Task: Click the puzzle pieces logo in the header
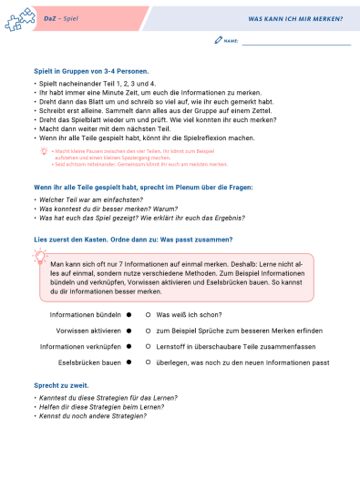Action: pyautogui.click(x=16, y=19)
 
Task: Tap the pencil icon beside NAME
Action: pyautogui.click(x=218, y=41)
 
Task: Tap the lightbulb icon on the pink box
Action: pyautogui.click(x=42, y=260)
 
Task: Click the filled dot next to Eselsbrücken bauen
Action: pyautogui.click(x=129, y=362)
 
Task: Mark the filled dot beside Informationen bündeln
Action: pyautogui.click(x=129, y=312)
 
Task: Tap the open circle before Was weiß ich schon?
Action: pyautogui.click(x=149, y=312)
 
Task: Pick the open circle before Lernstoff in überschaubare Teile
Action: pyautogui.click(x=149, y=346)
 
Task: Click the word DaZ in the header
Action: pyautogui.click(x=38, y=18)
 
